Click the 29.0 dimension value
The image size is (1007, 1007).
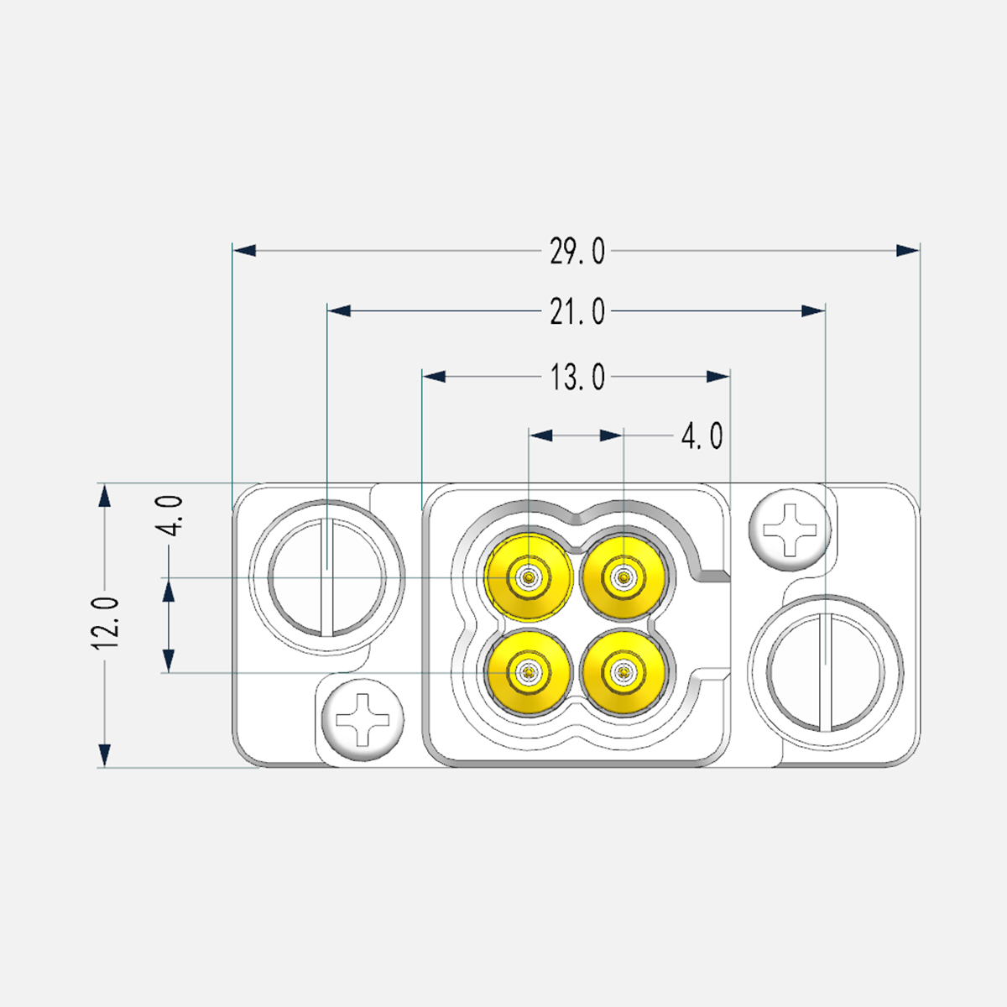(577, 252)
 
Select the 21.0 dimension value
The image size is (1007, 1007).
(577, 312)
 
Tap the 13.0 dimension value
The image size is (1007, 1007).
(577, 378)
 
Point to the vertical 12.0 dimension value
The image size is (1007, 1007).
(105, 623)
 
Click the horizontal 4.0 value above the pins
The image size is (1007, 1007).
(702, 436)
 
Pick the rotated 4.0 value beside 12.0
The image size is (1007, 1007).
(170, 515)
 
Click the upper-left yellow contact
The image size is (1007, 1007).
(529, 577)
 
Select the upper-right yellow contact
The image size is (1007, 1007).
(624, 577)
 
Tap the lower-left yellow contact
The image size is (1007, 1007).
(529, 672)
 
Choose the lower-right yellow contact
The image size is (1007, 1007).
(624, 672)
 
